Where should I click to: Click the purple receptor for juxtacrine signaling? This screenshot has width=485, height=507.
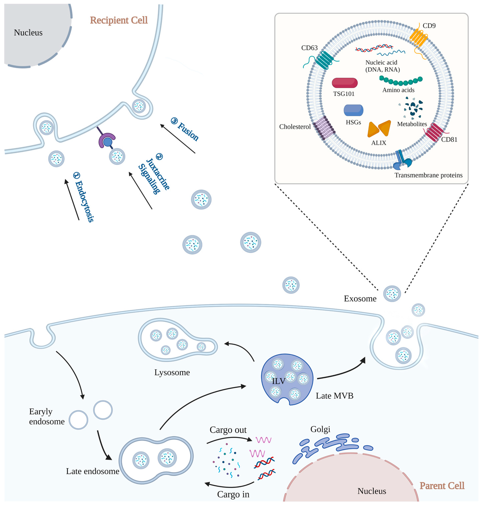click(x=105, y=139)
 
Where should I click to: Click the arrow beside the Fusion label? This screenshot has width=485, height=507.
click(x=178, y=139)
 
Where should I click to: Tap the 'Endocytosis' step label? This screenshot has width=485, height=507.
click(x=84, y=198)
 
